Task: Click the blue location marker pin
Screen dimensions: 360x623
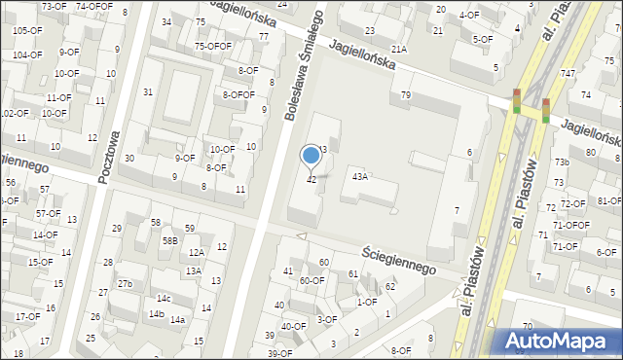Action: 311,155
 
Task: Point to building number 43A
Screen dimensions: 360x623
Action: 360,177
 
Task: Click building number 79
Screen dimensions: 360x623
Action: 405,95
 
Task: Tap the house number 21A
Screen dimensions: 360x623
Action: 398,49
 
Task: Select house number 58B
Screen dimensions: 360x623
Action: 169,240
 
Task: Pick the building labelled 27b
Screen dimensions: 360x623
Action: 125,284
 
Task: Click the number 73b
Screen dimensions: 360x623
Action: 562,162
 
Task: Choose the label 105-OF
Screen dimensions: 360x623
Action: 27,30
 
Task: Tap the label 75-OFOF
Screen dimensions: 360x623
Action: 212,46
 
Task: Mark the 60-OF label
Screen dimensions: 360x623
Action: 311,281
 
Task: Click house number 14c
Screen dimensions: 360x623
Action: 164,299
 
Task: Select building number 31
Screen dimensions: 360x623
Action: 148,92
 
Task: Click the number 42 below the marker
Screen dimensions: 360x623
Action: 311,180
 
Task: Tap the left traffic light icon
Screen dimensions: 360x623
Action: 516,100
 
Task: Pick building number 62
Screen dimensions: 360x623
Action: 389,286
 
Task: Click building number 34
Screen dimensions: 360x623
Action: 166,21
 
